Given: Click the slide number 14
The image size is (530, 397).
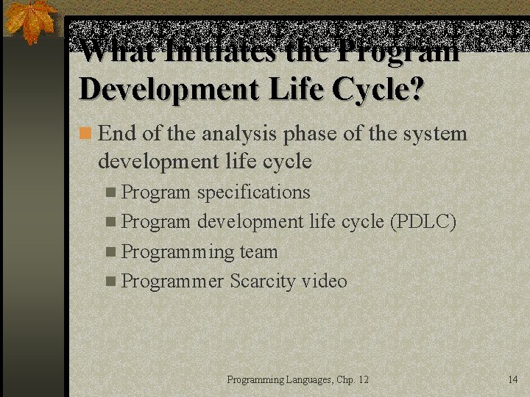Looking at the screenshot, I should (513, 379).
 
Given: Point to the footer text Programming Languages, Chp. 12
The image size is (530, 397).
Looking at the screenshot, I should (297, 379).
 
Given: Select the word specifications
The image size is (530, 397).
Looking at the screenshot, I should (253, 192).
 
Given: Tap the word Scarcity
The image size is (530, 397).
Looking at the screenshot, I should (263, 281).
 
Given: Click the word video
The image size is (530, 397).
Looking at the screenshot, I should (324, 281).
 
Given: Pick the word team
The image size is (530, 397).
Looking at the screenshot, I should (258, 251).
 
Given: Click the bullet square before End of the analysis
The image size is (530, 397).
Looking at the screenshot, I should (86, 134).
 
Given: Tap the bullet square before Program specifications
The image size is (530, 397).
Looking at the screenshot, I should (110, 192).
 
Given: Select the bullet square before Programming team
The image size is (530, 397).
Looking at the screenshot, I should (110, 251).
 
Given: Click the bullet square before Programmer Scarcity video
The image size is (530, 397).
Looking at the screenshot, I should (110, 281).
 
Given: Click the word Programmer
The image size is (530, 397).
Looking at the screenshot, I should (172, 281).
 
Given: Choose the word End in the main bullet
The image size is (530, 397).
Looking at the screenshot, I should (114, 134).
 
